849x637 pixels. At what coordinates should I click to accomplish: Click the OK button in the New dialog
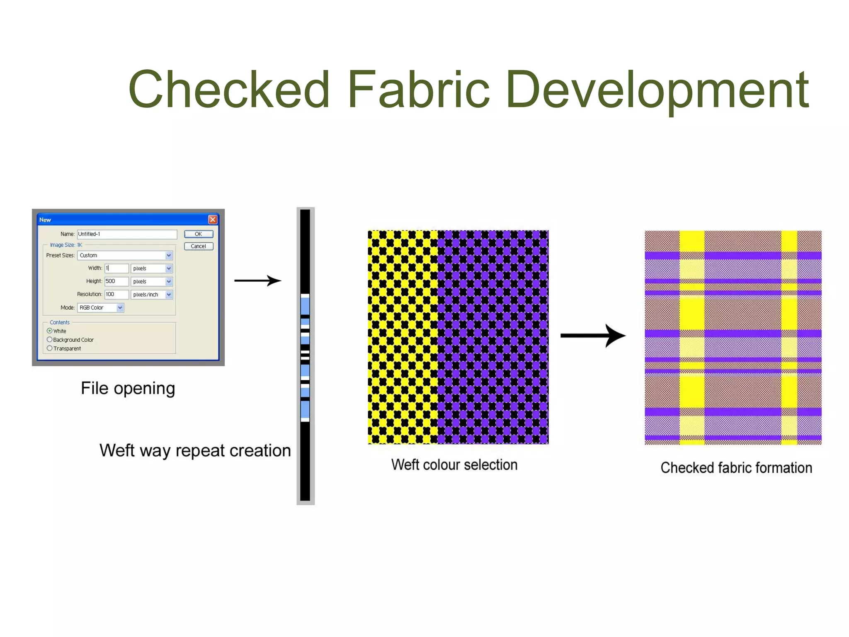point(199,234)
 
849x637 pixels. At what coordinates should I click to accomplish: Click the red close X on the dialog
point(213,219)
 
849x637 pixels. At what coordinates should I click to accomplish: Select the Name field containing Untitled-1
point(127,234)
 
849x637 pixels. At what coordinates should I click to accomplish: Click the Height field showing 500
point(116,281)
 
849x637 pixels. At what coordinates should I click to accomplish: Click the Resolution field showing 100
point(116,294)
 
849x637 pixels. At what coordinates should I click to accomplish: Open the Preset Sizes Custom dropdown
point(169,255)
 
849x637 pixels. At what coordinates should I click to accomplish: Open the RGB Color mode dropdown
point(120,308)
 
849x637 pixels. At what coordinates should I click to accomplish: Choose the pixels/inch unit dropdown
point(169,294)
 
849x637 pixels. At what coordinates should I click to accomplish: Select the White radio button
point(50,331)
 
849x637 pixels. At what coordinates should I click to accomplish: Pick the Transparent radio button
point(50,348)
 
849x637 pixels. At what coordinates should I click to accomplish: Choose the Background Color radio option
point(50,340)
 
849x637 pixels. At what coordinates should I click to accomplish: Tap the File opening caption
point(128,389)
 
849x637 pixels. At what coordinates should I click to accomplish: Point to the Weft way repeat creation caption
point(195,451)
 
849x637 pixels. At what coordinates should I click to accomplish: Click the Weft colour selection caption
point(454,465)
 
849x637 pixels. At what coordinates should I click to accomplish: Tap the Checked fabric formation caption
point(736,468)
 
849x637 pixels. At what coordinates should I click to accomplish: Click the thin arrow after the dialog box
point(258,281)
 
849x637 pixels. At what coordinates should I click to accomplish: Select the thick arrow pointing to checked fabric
point(593,336)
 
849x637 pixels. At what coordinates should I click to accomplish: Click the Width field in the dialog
point(116,268)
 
